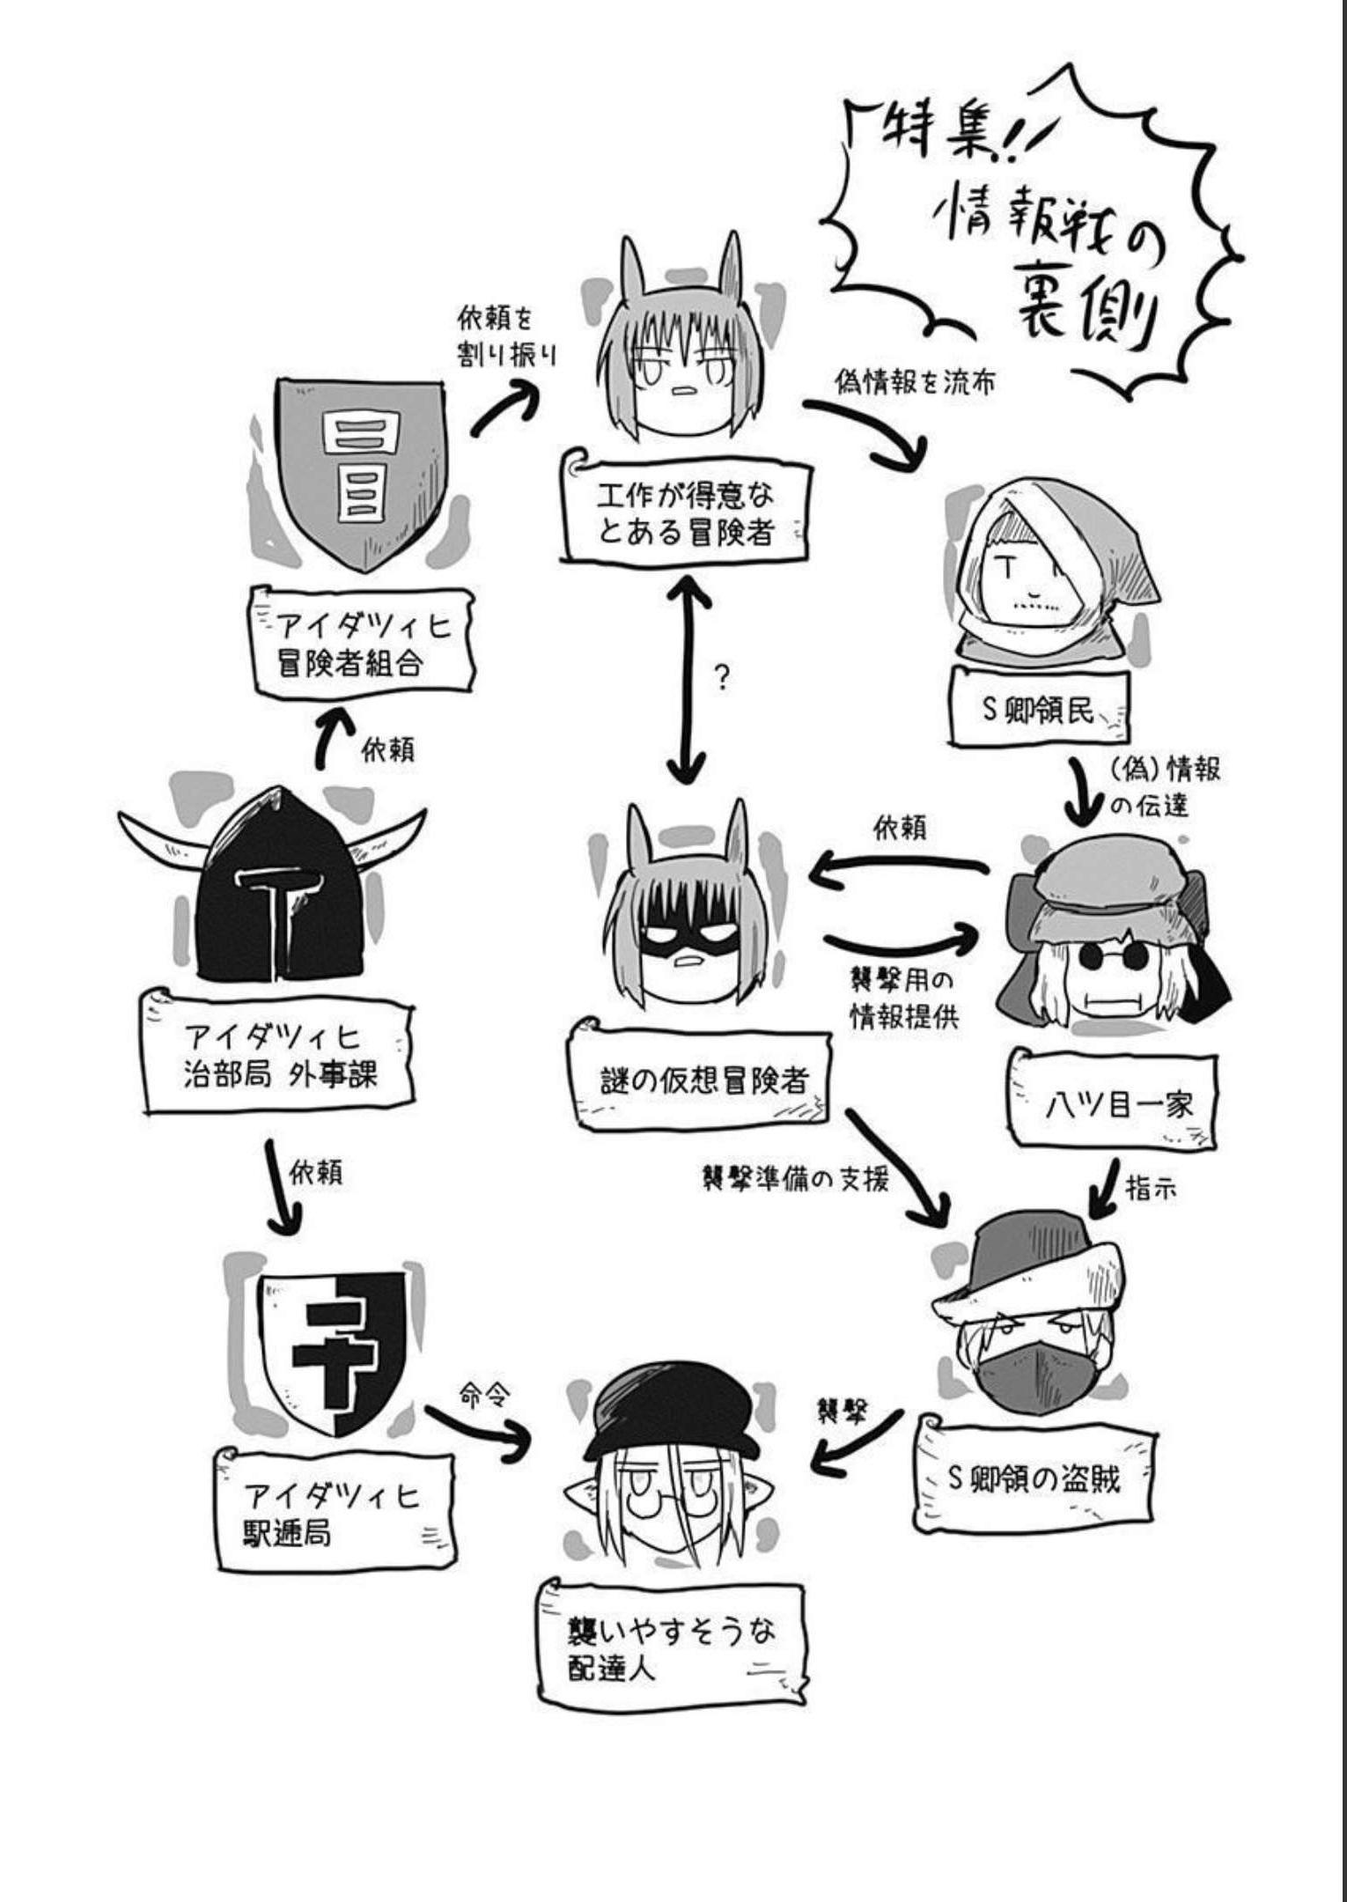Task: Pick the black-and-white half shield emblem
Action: coord(330,1351)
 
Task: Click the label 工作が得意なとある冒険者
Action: coord(685,514)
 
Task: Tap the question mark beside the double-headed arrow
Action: coord(722,678)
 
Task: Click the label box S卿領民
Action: coord(1039,710)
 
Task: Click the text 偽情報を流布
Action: coord(915,383)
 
